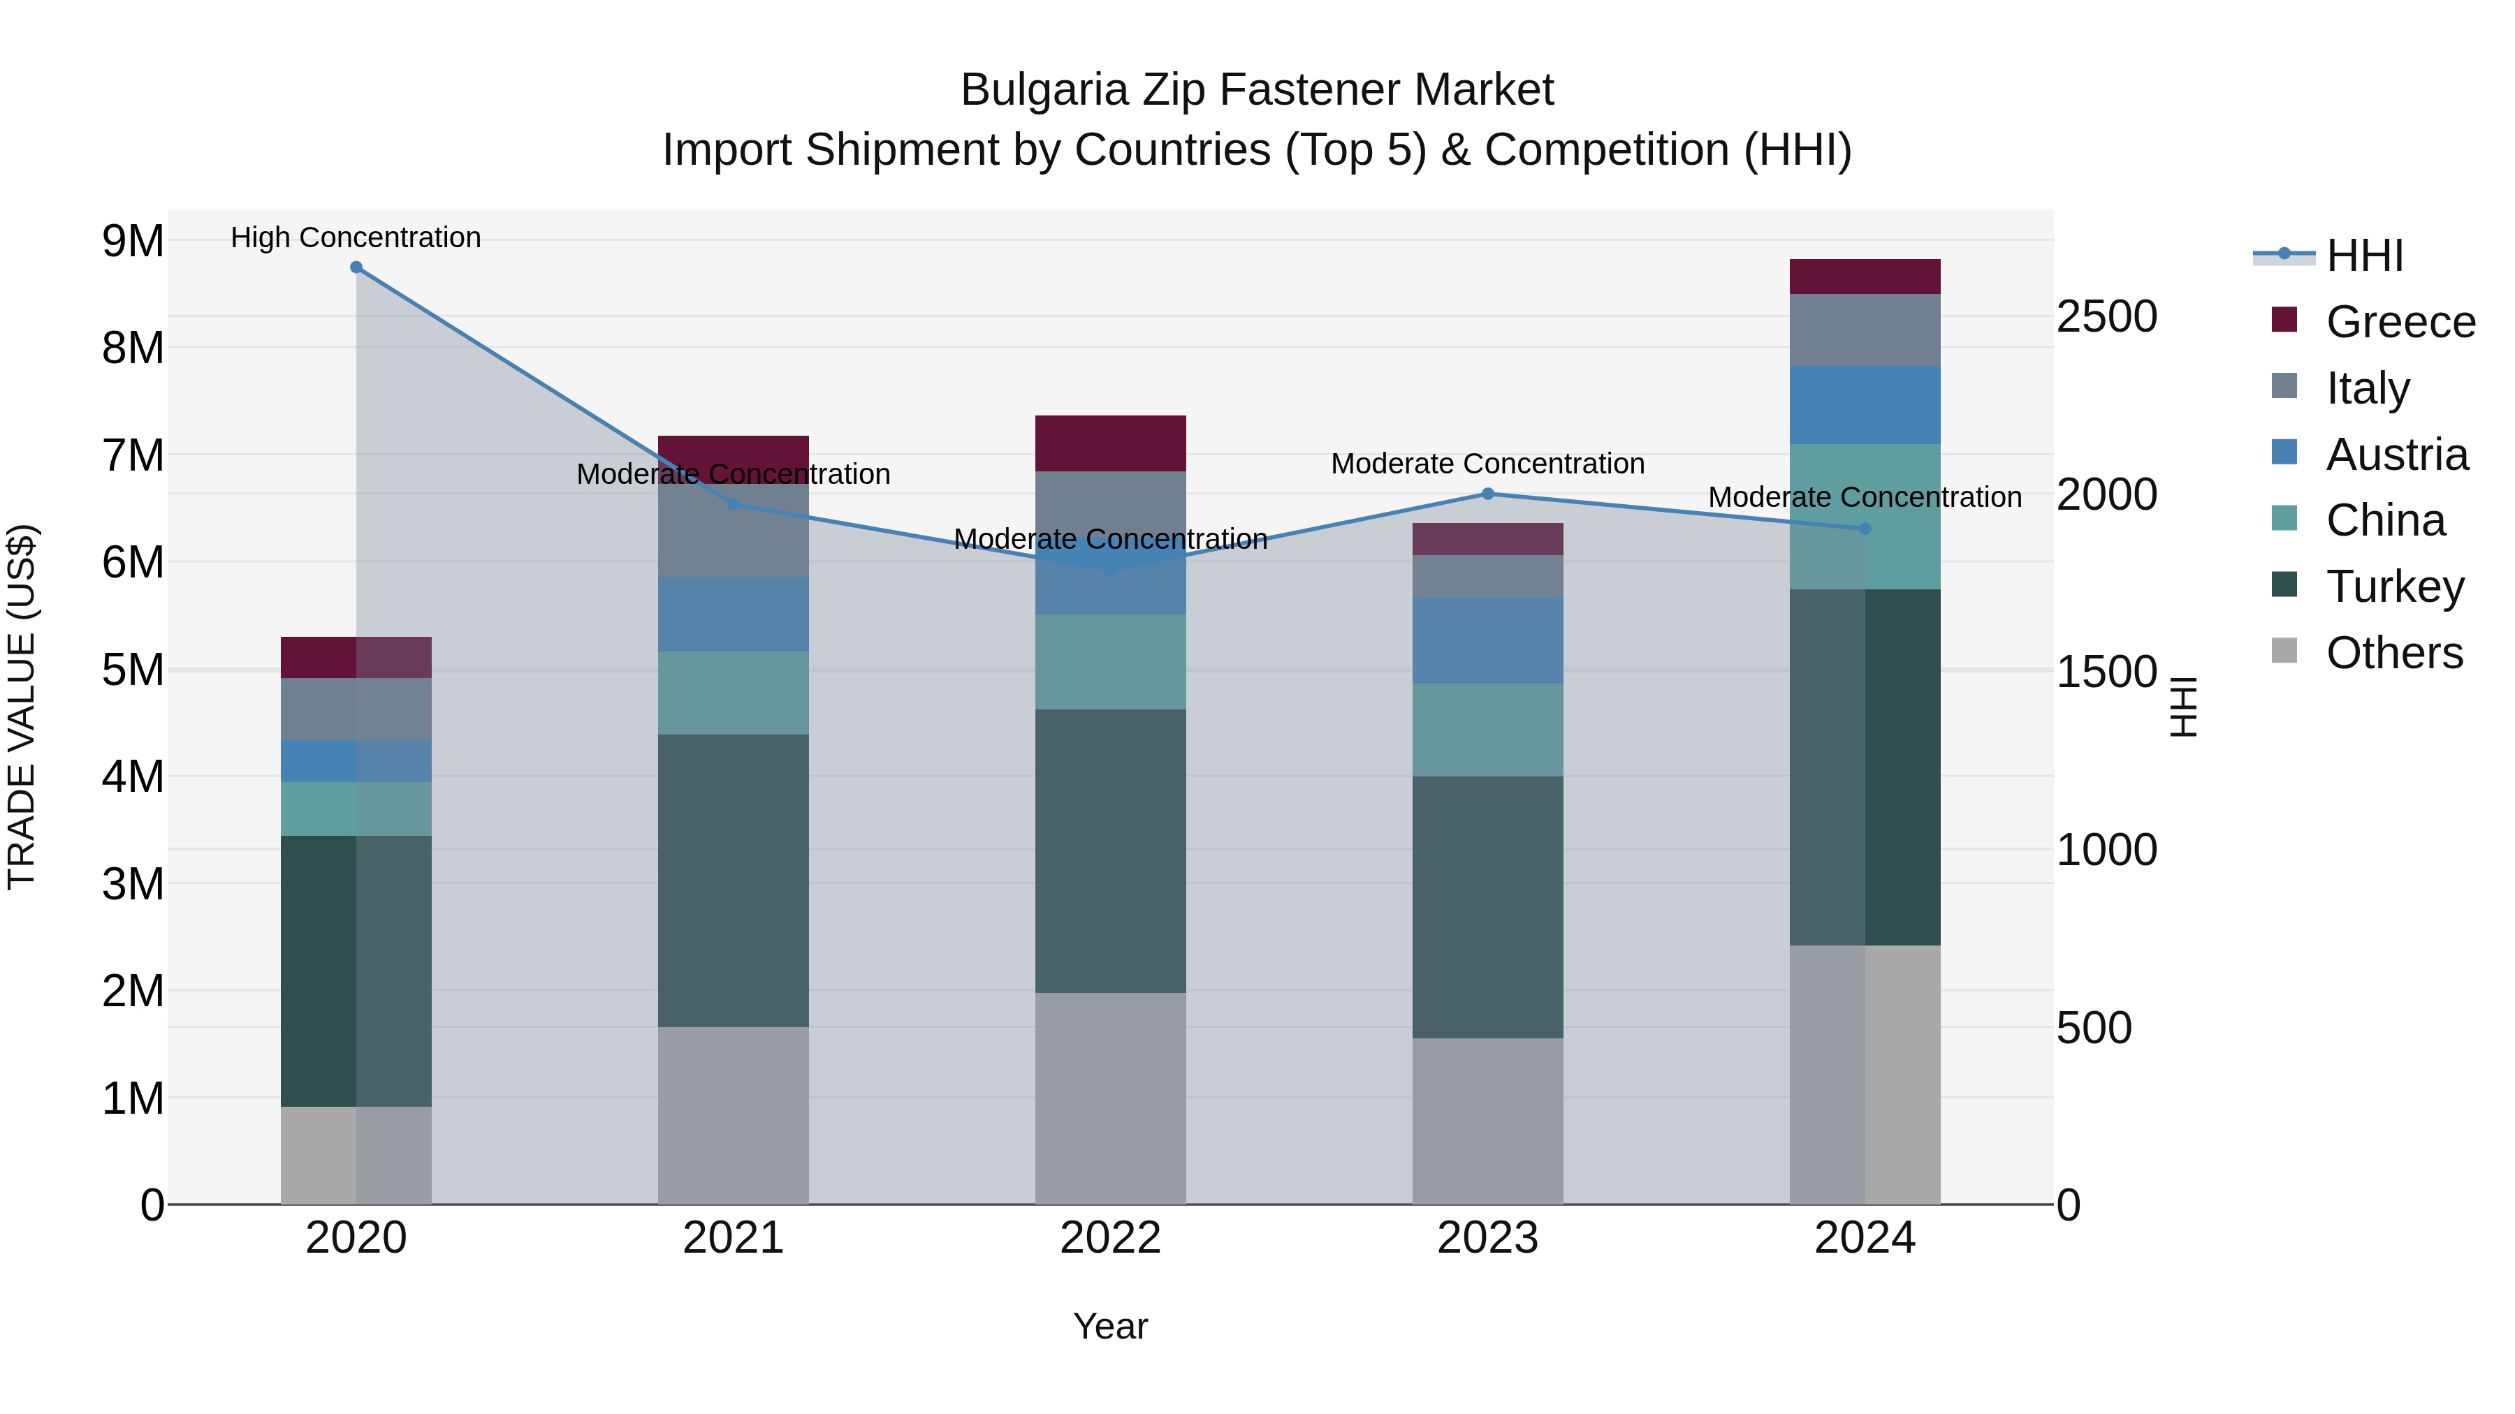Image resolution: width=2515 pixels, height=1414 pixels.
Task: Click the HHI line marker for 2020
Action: click(356, 267)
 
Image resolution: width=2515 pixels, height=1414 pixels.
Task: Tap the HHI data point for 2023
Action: click(1488, 494)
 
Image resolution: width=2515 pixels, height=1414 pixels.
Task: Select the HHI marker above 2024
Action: click(1865, 529)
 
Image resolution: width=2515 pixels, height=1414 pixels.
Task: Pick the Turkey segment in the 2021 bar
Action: click(734, 881)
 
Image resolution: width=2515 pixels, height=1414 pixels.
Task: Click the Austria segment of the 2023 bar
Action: click(1488, 640)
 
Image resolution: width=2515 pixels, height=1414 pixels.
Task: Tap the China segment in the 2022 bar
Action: click(1110, 662)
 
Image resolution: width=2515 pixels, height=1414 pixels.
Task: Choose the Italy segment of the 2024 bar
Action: click(1865, 330)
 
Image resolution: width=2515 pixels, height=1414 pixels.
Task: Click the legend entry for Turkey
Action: click(2395, 587)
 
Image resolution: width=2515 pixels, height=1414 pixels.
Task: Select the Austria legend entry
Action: click(2397, 455)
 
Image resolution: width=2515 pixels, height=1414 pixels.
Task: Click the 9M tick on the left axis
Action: click(133, 241)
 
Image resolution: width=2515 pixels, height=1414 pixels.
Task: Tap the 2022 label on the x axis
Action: click(1110, 1238)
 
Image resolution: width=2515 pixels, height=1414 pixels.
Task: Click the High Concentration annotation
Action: click(356, 237)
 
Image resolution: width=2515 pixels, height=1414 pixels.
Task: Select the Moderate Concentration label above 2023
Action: click(1488, 464)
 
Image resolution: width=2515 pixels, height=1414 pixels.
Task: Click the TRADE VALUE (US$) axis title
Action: click(22, 707)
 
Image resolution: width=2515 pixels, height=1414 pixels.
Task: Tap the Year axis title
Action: click(1110, 1326)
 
